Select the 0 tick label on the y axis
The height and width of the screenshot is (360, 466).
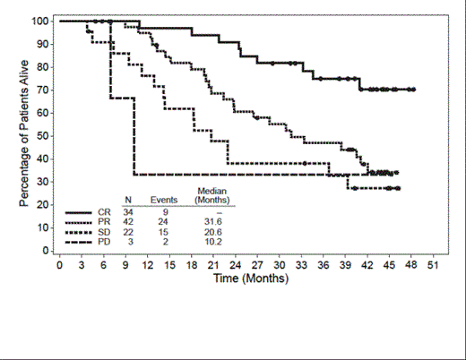pyautogui.click(x=47, y=251)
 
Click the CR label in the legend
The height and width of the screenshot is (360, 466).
pyautogui.click(x=104, y=211)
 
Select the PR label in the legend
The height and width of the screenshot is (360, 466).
pyautogui.click(x=104, y=221)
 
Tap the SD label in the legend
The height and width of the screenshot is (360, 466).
pyautogui.click(x=104, y=231)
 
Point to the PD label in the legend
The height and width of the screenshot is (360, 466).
pyautogui.click(x=104, y=241)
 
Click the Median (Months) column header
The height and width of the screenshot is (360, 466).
pyautogui.click(x=212, y=195)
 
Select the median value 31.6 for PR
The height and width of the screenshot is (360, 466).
pyautogui.click(x=212, y=221)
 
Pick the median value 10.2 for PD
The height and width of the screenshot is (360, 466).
pyautogui.click(x=212, y=241)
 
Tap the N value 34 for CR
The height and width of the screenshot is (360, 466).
pyautogui.click(x=129, y=211)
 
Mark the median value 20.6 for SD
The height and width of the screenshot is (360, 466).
pyautogui.click(x=212, y=231)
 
